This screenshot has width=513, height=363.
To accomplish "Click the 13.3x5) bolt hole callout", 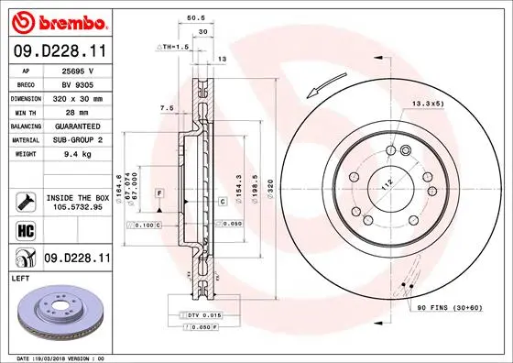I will (427, 103).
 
